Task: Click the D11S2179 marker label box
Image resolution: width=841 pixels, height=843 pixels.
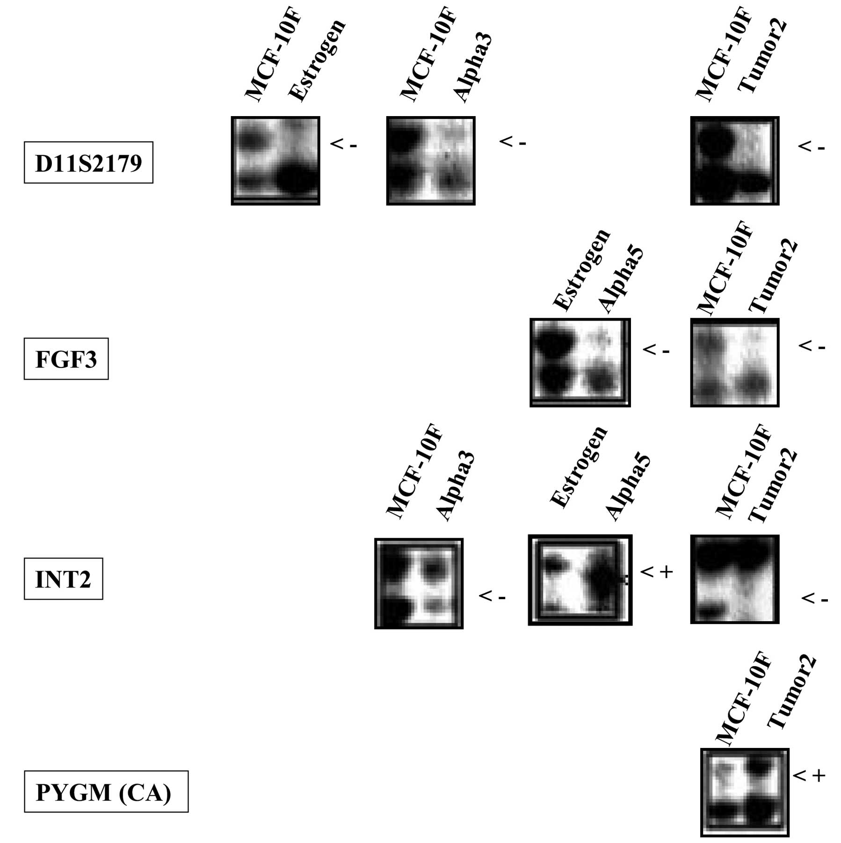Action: [88, 162]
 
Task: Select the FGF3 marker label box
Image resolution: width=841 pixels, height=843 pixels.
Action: [66, 359]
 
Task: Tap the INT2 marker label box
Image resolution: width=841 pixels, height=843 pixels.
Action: [63, 579]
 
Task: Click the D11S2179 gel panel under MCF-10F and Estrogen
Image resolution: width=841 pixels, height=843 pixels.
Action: [275, 161]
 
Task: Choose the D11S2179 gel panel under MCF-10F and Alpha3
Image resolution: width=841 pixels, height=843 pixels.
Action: [431, 161]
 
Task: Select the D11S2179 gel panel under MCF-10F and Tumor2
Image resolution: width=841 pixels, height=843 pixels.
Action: [735, 161]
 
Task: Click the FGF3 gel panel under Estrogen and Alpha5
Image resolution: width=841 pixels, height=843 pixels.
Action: [580, 362]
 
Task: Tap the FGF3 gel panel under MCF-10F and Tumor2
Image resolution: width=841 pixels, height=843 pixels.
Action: [735, 362]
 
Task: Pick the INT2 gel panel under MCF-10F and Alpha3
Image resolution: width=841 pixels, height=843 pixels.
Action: [419, 583]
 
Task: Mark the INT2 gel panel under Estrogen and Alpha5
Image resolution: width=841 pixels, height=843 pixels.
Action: [580, 580]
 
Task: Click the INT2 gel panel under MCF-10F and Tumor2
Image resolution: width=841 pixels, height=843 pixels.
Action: [735, 579]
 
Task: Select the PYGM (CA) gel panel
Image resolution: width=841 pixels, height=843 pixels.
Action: [745, 792]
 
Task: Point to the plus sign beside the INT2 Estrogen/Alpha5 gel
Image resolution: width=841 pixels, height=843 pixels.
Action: [666, 572]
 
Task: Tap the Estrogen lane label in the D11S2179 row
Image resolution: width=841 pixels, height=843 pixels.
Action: [317, 61]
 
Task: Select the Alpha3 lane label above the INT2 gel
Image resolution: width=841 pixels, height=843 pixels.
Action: [456, 487]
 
